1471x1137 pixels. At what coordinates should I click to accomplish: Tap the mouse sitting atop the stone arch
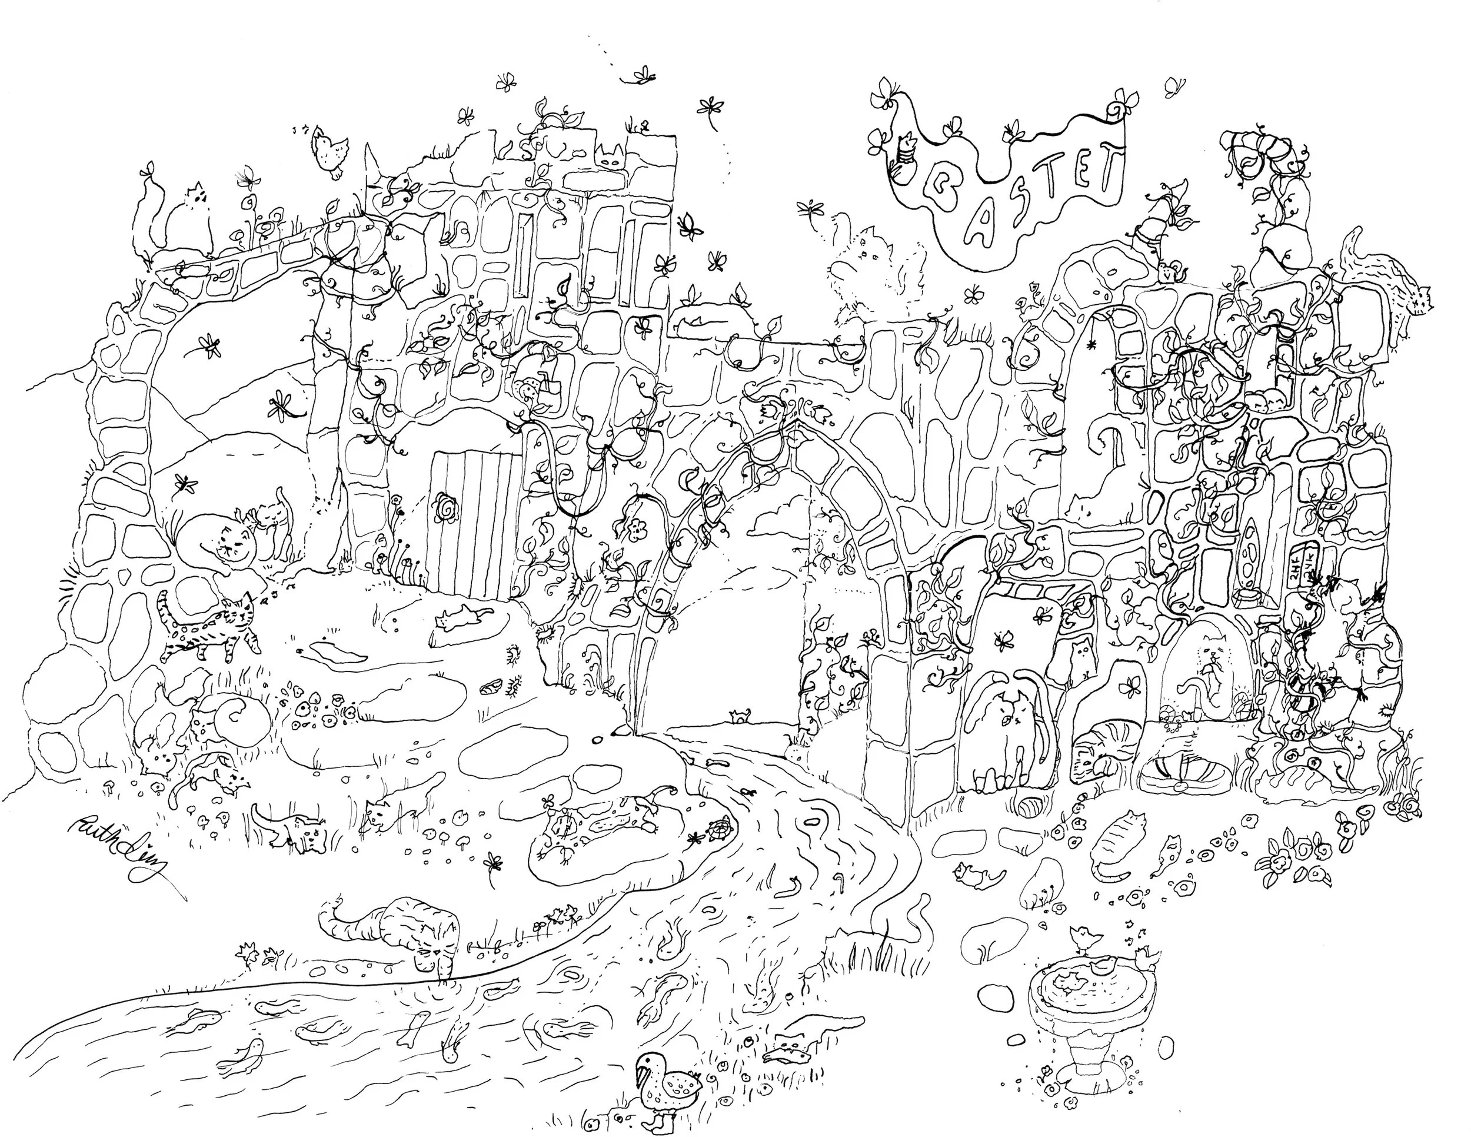pos(1167,273)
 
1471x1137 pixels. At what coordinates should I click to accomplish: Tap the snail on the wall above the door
pos(529,388)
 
